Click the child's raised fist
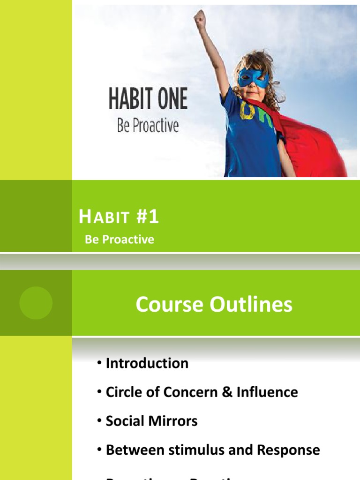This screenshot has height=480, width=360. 201,18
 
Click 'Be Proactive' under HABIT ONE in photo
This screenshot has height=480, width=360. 148,126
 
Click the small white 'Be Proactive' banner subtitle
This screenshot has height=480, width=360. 120,240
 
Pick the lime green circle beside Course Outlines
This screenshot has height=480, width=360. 36,303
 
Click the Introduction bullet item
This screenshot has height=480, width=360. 147,363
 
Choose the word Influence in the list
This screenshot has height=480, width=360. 267,392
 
